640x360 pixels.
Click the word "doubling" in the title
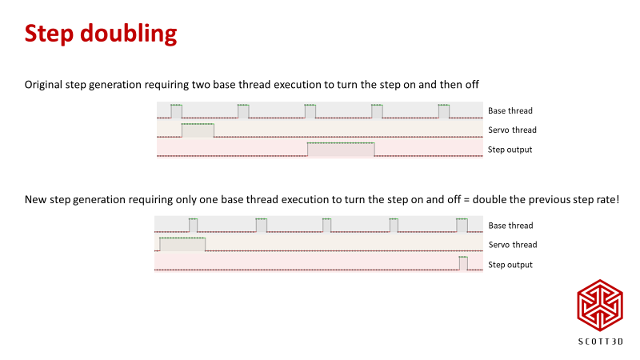(x=129, y=34)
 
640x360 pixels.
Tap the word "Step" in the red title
(x=49, y=34)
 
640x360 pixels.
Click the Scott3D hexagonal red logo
(x=599, y=305)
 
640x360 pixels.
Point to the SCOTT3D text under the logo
(x=601, y=342)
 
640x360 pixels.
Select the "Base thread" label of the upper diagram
(x=510, y=110)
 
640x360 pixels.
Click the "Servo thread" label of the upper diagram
(x=512, y=130)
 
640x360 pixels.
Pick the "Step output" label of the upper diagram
(x=510, y=150)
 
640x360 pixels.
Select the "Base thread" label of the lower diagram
(x=510, y=226)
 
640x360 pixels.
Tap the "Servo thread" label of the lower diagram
(x=513, y=245)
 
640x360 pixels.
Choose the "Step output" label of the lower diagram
(x=510, y=265)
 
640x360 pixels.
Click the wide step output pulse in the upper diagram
(x=341, y=150)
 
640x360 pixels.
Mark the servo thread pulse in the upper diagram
(x=198, y=130)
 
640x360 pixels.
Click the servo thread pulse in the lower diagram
(x=182, y=244)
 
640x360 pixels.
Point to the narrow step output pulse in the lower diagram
(x=463, y=263)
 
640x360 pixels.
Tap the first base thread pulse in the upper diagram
(x=176, y=111)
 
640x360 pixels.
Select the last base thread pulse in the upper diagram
(x=444, y=111)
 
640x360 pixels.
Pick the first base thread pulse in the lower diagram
(x=193, y=226)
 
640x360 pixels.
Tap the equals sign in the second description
(x=466, y=200)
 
